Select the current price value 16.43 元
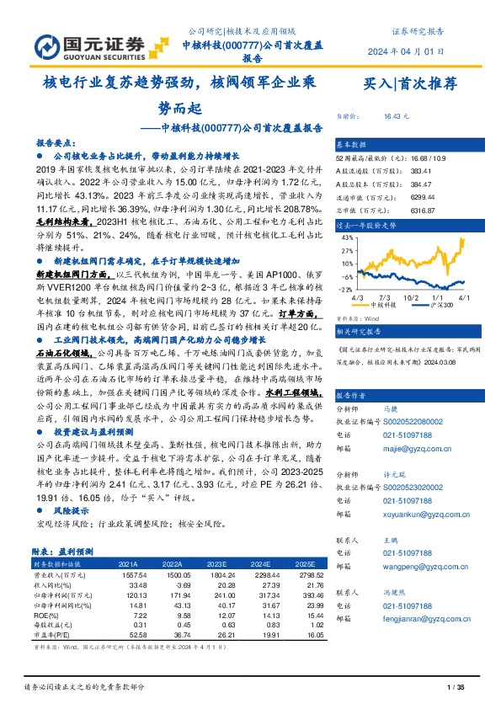point(396,117)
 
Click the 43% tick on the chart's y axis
point(346,238)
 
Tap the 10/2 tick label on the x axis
point(412,297)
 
